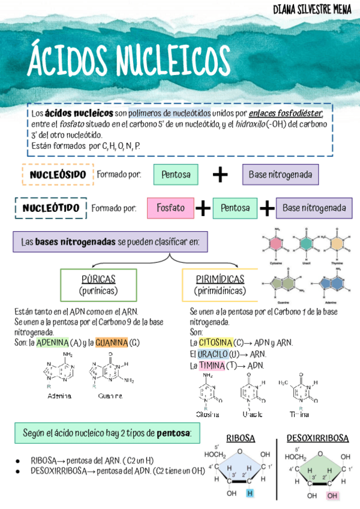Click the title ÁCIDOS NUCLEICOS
coord(128,60)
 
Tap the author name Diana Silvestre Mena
coord(312,10)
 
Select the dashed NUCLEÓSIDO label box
coord(58,175)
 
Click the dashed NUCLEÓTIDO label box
coord(51,208)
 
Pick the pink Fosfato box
coord(170,208)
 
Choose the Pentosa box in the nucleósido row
coord(176,175)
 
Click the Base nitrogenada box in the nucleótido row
coord(314,208)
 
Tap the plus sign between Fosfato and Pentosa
coord(203,208)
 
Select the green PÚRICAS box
coord(98,285)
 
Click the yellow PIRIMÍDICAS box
coord(220,285)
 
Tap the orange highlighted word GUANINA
coord(111,343)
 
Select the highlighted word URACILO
coord(212,354)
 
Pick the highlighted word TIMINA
coord(211,365)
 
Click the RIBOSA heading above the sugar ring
coord(240,438)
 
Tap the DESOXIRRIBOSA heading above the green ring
coord(317,438)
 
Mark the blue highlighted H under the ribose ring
coord(250,493)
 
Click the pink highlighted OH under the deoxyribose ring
coord(332,496)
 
